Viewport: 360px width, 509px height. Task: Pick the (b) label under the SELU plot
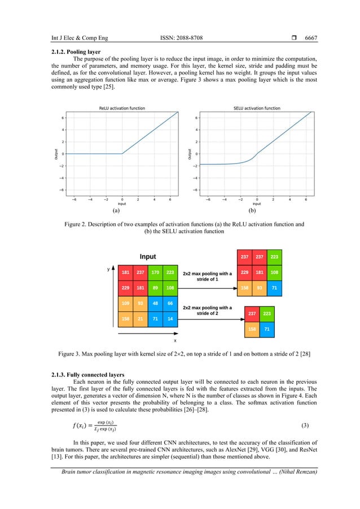pyautogui.click(x=252, y=210)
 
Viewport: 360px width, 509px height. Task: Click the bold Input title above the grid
pyautogui.click(x=148, y=257)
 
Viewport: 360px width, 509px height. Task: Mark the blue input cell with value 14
pyautogui.click(x=170, y=319)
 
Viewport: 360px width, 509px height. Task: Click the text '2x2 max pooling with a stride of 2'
pyautogui.click(x=207, y=310)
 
